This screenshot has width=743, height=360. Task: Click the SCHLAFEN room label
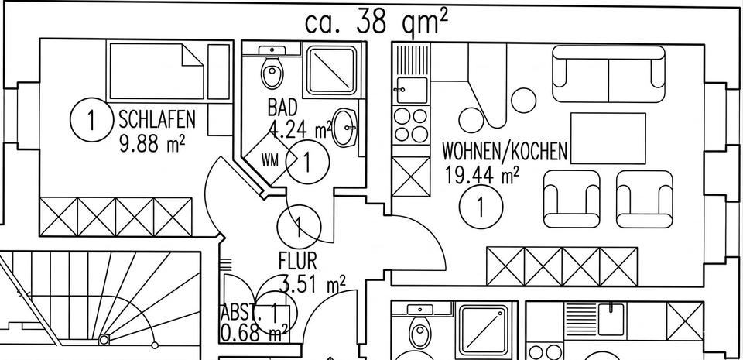point(157,119)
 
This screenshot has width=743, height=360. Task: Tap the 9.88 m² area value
point(152,143)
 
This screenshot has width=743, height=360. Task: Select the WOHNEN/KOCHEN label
point(505,152)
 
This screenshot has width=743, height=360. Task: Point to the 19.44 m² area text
point(482,175)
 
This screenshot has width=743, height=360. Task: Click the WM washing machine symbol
point(269,159)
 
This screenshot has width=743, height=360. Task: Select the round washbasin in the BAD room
point(344,128)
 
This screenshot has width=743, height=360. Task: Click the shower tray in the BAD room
point(331,70)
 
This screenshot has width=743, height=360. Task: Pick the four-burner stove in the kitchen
point(411,125)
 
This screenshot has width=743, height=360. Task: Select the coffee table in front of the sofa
point(608,139)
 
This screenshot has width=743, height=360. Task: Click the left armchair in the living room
point(572,199)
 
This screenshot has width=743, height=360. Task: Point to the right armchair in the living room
point(645,199)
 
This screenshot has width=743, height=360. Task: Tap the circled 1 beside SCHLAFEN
point(92,120)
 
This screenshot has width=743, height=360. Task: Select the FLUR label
point(297,261)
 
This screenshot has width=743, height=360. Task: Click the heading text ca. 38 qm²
point(377,22)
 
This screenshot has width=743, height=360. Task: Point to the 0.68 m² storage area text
point(255,333)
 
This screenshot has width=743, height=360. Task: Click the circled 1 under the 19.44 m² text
point(481,207)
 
